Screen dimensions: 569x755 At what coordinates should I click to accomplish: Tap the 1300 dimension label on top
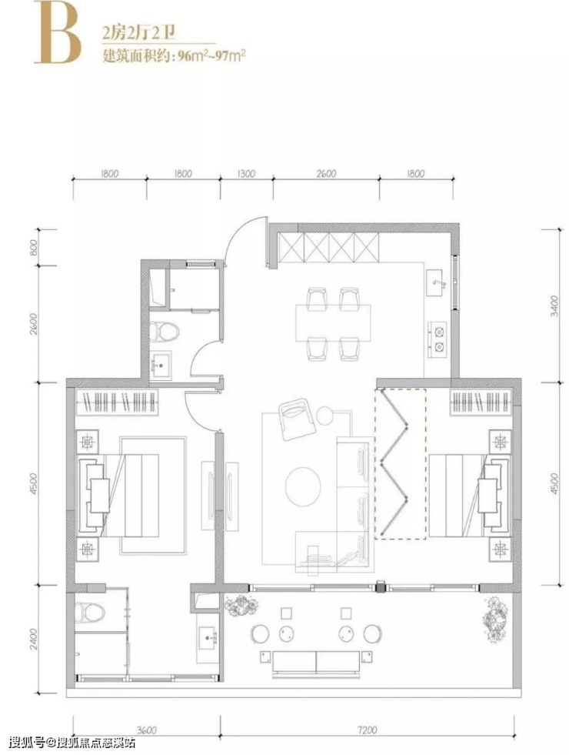point(245,173)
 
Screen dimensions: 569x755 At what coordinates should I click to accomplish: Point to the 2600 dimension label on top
point(326,173)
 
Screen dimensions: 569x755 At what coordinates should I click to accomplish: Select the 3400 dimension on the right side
point(554,306)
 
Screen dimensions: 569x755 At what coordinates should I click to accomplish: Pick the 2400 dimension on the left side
point(33,639)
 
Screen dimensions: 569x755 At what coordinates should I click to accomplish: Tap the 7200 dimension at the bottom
point(368,730)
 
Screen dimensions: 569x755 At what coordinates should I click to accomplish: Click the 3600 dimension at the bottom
point(146,730)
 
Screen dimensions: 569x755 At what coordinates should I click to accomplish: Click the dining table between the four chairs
point(333,322)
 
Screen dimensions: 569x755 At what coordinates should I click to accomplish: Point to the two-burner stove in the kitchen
point(438,339)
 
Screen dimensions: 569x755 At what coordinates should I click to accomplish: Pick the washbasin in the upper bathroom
point(161,366)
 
